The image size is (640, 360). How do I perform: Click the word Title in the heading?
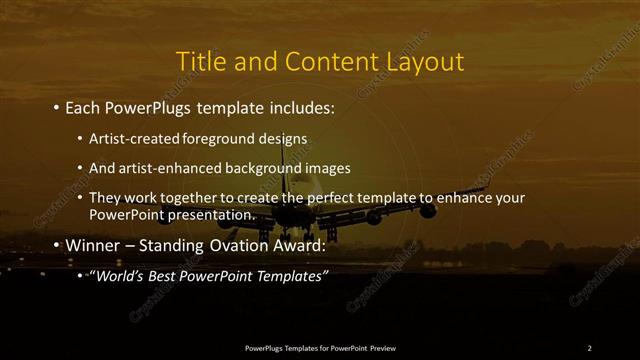click(x=200, y=61)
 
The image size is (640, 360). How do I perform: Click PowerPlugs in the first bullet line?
click(x=144, y=106)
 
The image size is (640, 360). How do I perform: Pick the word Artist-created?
click(x=131, y=137)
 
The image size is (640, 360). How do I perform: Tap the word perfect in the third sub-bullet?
click(x=325, y=198)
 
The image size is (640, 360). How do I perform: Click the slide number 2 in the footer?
click(x=589, y=347)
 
